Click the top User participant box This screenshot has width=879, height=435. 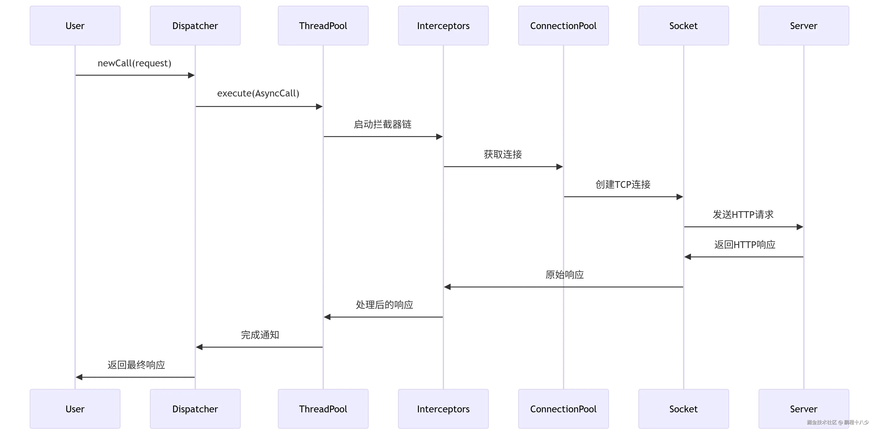click(x=75, y=26)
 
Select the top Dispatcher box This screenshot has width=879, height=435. click(x=195, y=26)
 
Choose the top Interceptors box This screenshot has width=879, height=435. click(x=443, y=26)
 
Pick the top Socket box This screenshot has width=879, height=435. click(x=684, y=26)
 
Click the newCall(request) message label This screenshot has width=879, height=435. click(x=134, y=63)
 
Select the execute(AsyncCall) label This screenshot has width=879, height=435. click(x=258, y=93)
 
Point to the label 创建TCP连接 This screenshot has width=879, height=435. click(x=623, y=185)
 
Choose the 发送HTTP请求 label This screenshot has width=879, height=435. click(x=743, y=215)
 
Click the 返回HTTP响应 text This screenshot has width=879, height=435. click(x=745, y=245)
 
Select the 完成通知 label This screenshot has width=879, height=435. click(x=260, y=335)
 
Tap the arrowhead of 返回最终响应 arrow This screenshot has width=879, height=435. click(x=79, y=377)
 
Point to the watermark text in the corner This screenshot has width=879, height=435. click(x=838, y=422)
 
